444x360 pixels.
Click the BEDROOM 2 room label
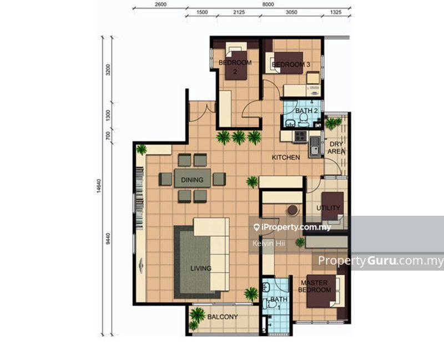235,67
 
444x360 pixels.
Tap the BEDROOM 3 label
291,64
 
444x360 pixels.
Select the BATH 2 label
306,110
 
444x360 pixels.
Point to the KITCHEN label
286,158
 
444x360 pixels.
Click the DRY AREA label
336,148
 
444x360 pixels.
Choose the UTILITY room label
328,208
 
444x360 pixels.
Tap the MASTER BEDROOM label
314,286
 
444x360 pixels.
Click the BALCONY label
223,317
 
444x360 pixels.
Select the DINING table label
192,180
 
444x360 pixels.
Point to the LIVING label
201,268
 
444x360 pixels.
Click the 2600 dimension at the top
160,4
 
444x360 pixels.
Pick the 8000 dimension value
268,4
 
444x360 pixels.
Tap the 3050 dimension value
291,12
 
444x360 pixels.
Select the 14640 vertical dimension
99,186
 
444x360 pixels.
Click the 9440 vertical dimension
108,239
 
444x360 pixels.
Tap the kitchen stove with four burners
300,136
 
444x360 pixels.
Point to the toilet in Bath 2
303,120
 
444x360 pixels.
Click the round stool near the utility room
292,210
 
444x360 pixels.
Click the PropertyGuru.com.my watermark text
381,261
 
